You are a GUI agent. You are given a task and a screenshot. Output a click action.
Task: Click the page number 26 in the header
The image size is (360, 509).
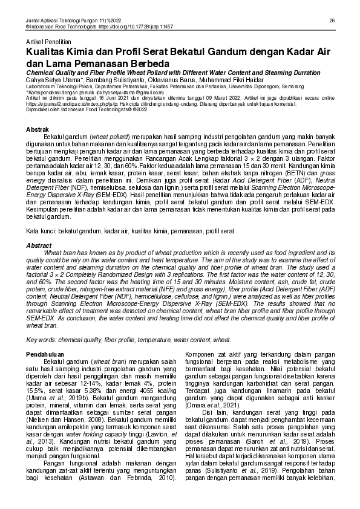tap(332, 21)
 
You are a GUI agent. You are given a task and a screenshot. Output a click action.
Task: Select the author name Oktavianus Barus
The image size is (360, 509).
tap(178, 80)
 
